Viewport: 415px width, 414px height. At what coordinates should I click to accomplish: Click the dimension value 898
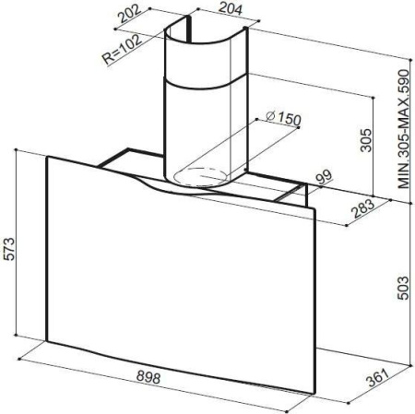pos(148,377)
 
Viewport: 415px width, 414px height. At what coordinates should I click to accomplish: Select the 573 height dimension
pos(9,249)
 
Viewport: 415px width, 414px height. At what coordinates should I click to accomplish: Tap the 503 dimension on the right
pos(403,288)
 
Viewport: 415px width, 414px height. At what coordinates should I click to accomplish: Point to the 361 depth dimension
pos(378,378)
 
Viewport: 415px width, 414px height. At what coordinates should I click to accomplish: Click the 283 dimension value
pos(364,208)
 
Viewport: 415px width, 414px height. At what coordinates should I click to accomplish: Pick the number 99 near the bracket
pos(325,177)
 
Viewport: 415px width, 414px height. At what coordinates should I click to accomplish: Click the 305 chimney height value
pos(366,140)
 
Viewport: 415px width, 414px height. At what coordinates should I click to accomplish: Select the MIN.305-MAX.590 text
pos(404,129)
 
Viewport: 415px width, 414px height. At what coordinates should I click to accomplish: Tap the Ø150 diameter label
pos(283,118)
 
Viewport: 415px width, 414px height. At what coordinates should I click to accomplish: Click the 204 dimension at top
pos(230,8)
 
